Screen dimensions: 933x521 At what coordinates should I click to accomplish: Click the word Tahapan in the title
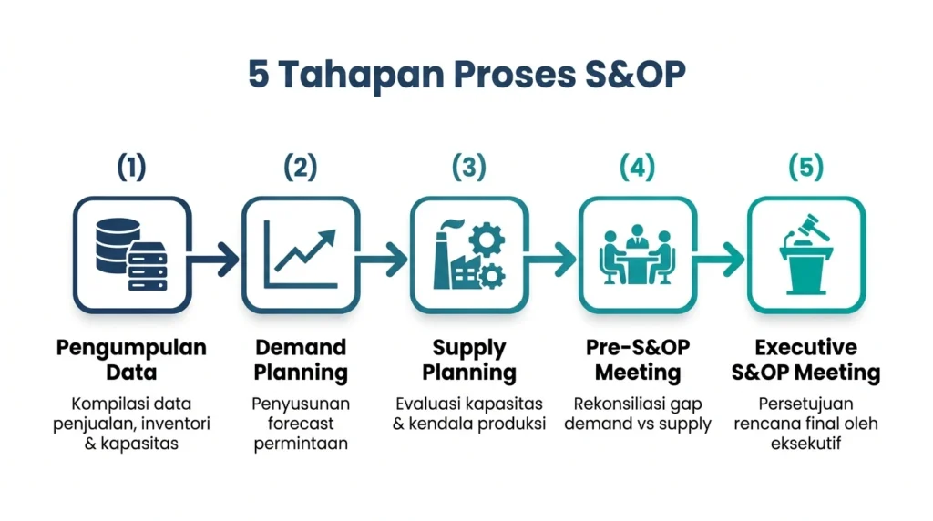pyautogui.click(x=361, y=75)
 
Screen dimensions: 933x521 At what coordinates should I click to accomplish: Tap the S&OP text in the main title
pyautogui.click(x=635, y=75)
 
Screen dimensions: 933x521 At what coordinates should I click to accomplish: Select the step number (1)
pyautogui.click(x=131, y=167)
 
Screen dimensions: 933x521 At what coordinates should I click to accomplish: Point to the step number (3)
pyautogui.click(x=469, y=167)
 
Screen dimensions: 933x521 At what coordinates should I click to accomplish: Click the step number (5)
pyautogui.click(x=805, y=167)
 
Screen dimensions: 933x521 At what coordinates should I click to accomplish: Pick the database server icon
pyautogui.click(x=131, y=254)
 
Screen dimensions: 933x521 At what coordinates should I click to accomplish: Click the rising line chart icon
pyautogui.click(x=301, y=254)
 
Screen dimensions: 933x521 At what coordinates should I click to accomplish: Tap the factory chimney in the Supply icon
pyautogui.click(x=442, y=257)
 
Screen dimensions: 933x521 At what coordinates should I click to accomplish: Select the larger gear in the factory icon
pyautogui.click(x=487, y=240)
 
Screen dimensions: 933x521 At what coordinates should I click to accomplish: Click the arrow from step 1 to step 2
pyautogui.click(x=213, y=260)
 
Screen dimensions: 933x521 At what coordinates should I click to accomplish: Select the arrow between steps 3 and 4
pyautogui.click(x=550, y=260)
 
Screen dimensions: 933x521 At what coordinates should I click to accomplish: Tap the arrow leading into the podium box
pyautogui.click(x=719, y=260)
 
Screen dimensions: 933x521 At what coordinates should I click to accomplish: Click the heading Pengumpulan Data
pyautogui.click(x=131, y=360)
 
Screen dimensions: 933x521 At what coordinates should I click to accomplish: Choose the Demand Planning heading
pyautogui.click(x=301, y=360)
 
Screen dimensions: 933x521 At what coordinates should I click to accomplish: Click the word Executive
pyautogui.click(x=805, y=347)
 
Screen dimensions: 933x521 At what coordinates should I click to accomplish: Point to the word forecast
pyautogui.click(x=301, y=424)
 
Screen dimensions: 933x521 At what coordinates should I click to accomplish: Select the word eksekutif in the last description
pyautogui.click(x=805, y=443)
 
